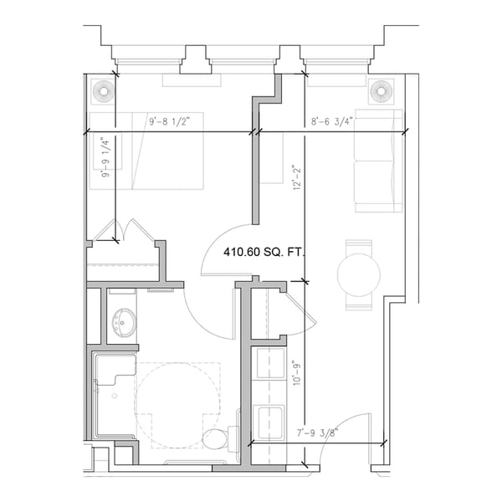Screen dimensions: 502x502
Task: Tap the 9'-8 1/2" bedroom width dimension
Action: [176, 122]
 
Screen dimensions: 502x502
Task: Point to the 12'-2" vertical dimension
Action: [297, 178]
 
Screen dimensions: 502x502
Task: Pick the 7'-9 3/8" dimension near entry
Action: [321, 433]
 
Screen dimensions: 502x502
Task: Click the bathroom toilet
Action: [220, 438]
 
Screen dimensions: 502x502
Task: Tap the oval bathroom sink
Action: [125, 319]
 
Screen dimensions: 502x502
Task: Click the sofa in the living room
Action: [377, 159]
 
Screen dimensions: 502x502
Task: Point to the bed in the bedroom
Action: [146, 151]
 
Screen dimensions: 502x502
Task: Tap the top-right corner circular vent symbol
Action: [381, 90]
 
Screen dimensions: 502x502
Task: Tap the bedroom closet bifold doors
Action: [123, 232]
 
